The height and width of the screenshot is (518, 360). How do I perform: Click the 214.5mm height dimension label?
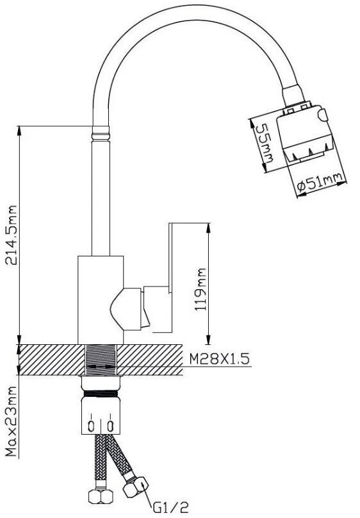pos(12,235)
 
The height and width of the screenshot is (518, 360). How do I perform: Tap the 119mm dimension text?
pos(200,289)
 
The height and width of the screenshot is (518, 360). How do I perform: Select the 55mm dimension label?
pos(265,143)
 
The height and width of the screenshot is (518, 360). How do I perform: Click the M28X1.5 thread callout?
pos(219,358)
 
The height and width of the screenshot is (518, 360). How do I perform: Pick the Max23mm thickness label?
pos(12,422)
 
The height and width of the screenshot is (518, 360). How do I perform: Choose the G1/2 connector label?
pos(170,506)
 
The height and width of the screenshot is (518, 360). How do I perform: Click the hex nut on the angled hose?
pos(136,487)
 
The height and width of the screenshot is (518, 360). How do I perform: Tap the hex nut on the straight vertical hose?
pos(101,496)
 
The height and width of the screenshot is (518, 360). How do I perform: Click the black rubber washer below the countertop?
pos(101,394)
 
